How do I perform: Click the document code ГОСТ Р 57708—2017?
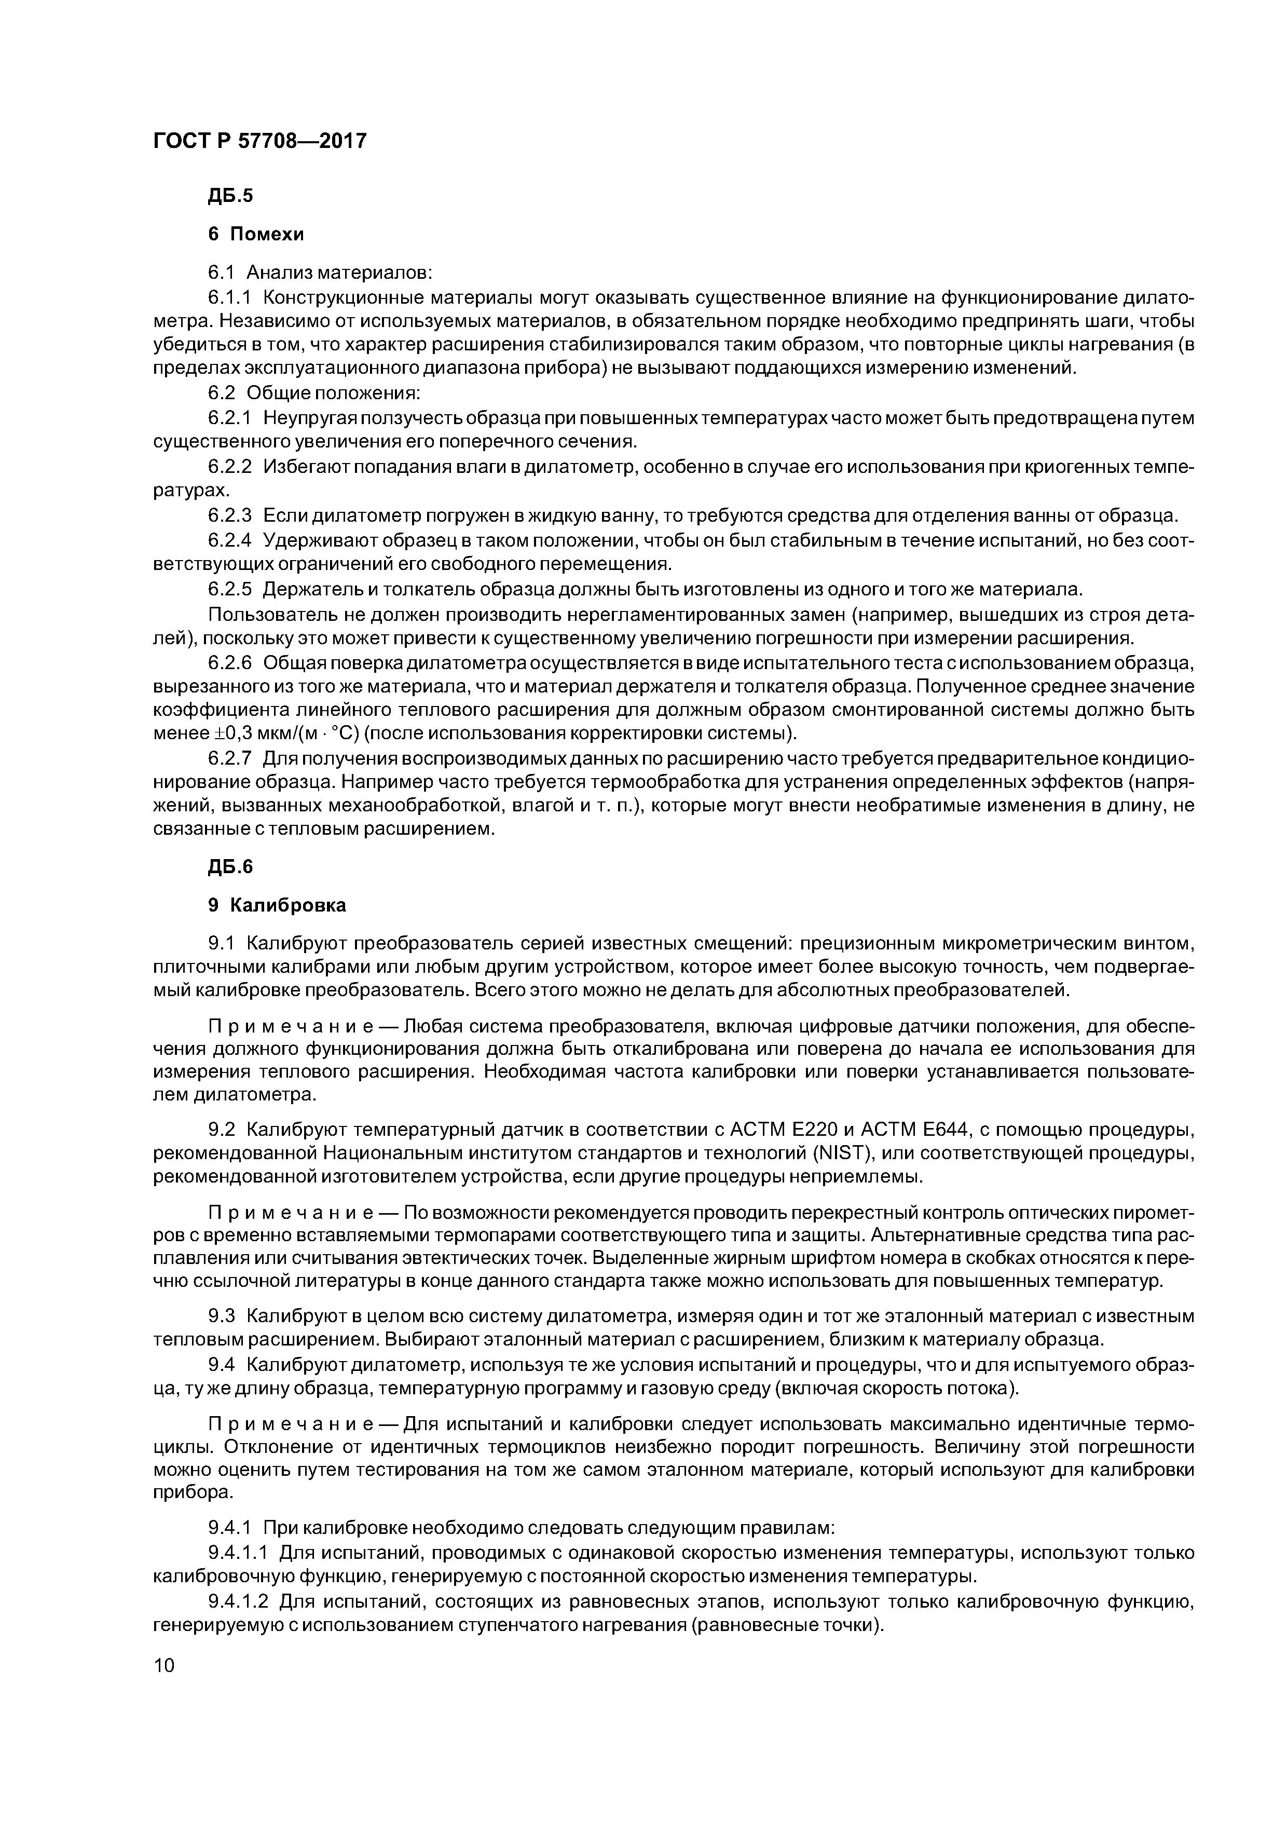[x=260, y=141]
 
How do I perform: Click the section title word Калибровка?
[x=290, y=905]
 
